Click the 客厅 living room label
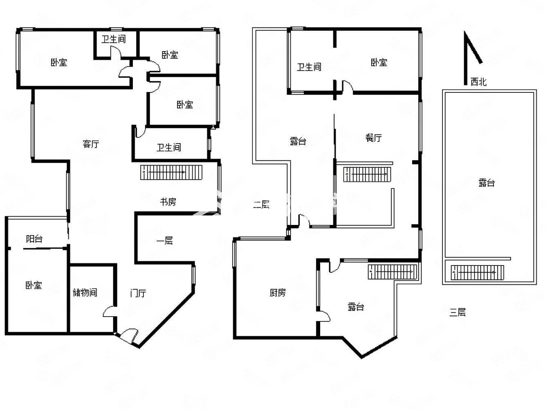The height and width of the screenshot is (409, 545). tap(91, 144)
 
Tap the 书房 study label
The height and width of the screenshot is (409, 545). tap(168, 202)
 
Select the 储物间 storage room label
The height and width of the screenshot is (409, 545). tap(85, 292)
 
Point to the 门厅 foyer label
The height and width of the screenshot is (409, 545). tap(138, 293)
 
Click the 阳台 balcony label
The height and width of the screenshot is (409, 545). tap(34, 238)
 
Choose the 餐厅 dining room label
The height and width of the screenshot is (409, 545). tap(373, 137)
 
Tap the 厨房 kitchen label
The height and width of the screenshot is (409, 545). tap(278, 292)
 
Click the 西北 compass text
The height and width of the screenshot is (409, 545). tap(478, 82)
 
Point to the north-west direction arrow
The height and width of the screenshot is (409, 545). tap(471, 58)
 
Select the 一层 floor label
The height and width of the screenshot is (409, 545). tap(165, 240)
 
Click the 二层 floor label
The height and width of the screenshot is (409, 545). tap(261, 204)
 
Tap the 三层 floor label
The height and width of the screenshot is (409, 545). tap(458, 312)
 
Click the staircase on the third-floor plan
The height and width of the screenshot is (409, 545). tap(477, 272)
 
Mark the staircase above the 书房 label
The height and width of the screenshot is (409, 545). tap(171, 172)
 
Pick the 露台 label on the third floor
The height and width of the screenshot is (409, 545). tap(487, 183)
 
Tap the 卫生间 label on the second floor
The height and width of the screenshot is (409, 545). tap(309, 67)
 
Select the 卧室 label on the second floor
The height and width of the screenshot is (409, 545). tap(379, 62)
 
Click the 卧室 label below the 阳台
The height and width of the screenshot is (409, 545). tap(34, 285)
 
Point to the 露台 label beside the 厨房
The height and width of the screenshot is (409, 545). tap(356, 307)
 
